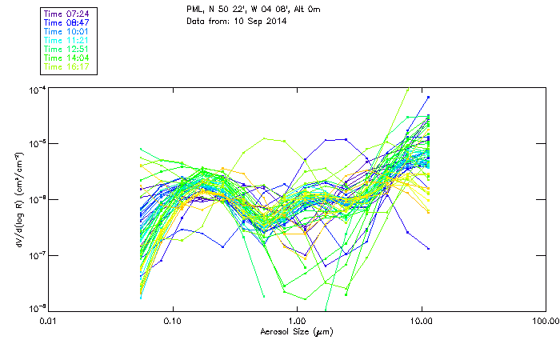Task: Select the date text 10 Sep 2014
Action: (x=257, y=21)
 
